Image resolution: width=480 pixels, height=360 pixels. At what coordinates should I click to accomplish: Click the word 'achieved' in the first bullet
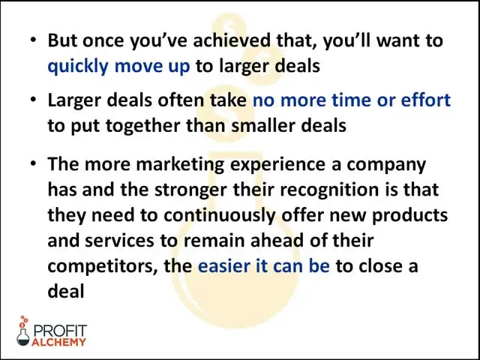(x=232, y=40)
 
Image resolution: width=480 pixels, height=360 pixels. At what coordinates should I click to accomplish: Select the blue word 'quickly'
(x=78, y=66)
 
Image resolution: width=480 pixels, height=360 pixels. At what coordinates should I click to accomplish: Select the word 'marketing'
(x=180, y=164)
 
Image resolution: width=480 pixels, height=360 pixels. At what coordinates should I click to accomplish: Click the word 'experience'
(x=277, y=164)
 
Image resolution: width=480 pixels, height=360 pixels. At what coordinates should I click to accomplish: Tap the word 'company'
(x=386, y=165)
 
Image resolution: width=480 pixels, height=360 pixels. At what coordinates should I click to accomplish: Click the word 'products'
(x=409, y=216)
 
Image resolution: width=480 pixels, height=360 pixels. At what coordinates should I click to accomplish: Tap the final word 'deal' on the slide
(x=66, y=291)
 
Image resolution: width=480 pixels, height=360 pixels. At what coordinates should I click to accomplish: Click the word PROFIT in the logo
(x=60, y=331)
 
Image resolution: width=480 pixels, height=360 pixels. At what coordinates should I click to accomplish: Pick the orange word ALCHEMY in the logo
(x=58, y=342)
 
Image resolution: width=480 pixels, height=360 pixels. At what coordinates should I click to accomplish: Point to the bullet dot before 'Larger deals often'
(x=33, y=100)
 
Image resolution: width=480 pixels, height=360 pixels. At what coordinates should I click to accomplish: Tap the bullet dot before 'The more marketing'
(x=33, y=163)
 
